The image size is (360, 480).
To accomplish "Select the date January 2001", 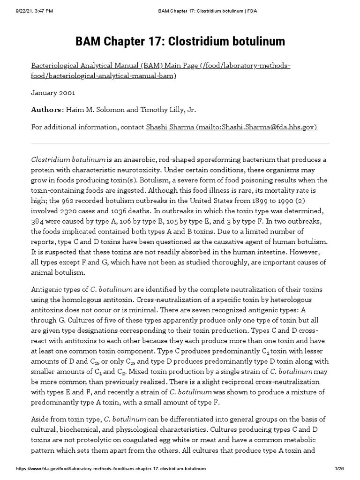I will pyautogui.click(x=53, y=93).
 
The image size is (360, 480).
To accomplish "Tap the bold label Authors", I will pyautogui.click(x=46, y=110).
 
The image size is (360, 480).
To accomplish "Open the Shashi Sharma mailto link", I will pyautogui.click(x=232, y=127).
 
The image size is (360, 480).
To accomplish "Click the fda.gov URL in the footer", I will pyautogui.click(x=112, y=468).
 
